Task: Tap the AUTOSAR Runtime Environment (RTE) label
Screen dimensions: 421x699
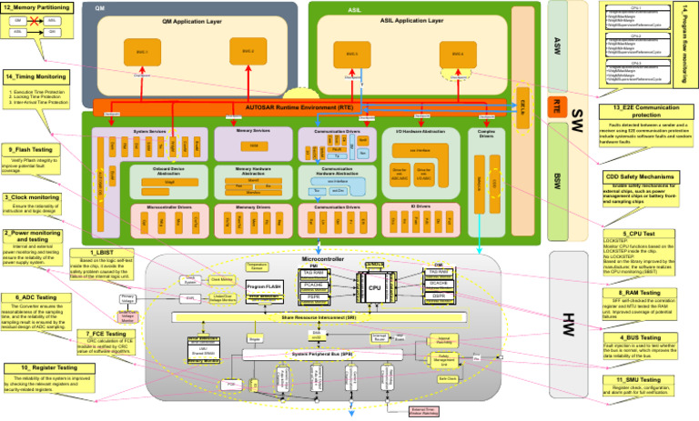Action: [299, 107]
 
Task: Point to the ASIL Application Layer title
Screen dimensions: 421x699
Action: [411, 19]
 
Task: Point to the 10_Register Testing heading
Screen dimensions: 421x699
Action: [48, 367]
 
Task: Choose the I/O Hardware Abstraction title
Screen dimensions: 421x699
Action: [420, 132]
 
